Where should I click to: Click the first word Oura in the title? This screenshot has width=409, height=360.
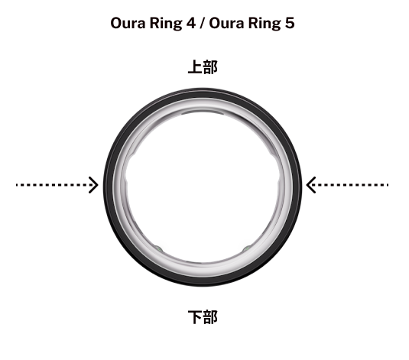128,23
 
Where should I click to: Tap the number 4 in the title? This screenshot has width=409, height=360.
190,23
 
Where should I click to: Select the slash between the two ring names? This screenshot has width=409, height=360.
203,24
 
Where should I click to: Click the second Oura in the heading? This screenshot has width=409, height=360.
226,23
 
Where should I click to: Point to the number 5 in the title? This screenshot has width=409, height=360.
290,23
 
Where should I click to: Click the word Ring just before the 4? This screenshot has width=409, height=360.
166,24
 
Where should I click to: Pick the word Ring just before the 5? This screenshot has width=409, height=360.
265,24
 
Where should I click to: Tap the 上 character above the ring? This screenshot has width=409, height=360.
195,67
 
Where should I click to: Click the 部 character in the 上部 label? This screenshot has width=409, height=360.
210,67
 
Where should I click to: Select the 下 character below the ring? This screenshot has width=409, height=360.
195,317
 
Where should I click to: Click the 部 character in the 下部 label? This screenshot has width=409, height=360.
210,317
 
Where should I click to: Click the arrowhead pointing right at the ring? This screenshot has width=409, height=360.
93,185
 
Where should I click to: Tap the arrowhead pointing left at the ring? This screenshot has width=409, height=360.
311,185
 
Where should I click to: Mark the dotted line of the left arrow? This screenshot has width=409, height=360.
55,185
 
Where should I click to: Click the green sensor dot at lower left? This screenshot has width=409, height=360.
158,248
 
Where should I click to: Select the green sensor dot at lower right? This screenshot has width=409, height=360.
247,248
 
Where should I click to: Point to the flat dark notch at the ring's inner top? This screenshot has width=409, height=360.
203,112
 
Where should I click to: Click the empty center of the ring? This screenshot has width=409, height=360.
203,186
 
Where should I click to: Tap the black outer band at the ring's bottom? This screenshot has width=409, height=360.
203,282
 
